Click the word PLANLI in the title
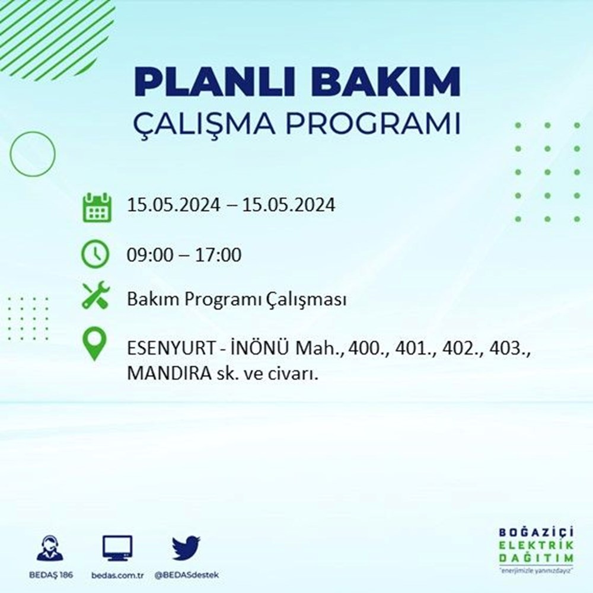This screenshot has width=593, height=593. coord(214,81)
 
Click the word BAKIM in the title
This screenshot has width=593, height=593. coord(385,81)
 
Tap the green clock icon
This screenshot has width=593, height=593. coord(95,254)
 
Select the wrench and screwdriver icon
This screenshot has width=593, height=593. coord(95,295)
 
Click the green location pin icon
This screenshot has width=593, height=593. coord(94,343)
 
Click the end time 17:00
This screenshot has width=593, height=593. coord(218,255)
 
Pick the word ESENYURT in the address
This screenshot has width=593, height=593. coord(172,348)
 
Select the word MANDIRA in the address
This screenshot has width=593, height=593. coord(169,374)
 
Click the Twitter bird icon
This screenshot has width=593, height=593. coord(186,547)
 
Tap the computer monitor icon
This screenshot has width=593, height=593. coord(117,548)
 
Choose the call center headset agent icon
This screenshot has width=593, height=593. coord(50,547)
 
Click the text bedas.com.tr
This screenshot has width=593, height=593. coord(117,575)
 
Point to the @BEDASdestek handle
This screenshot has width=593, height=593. coord(186,575)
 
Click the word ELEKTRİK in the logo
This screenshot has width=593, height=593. coord(536,546)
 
